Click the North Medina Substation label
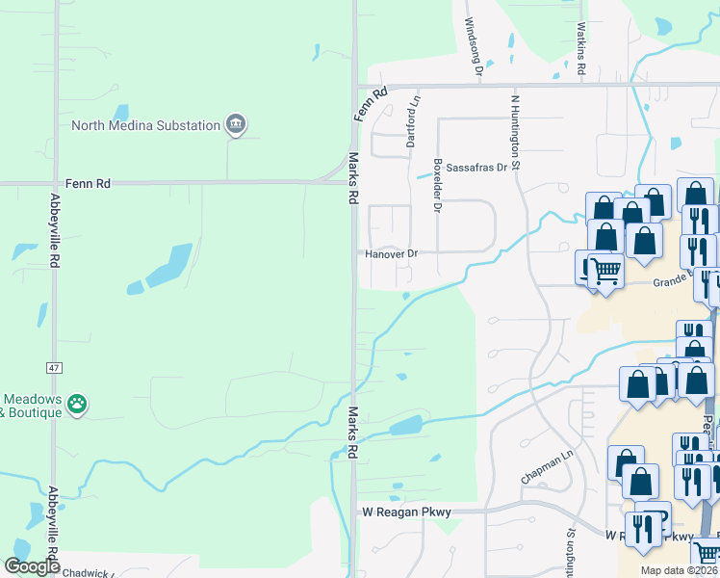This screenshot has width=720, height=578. click(145, 125)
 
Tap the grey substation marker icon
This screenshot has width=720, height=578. click(235, 124)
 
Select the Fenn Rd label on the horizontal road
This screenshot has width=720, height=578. click(89, 183)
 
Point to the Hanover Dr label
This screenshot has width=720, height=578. click(393, 254)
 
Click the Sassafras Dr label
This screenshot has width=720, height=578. click(475, 169)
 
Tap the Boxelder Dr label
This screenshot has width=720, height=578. click(437, 185)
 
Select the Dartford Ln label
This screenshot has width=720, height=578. click(413, 119)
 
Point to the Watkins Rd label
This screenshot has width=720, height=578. click(581, 48)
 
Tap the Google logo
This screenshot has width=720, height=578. click(32, 567)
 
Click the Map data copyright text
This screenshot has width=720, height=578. click(679, 571)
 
